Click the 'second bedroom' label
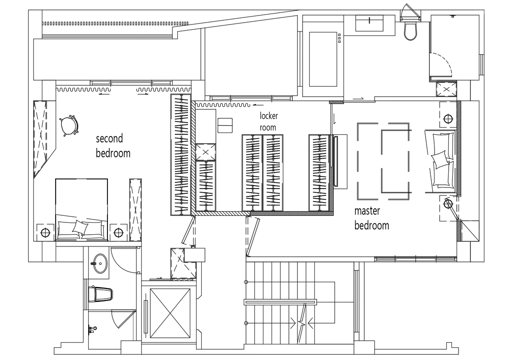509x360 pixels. [x=113, y=146]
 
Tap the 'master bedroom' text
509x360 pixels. [x=371, y=218]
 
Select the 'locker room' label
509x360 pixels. [x=269, y=122]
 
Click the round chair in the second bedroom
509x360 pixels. [x=69, y=125]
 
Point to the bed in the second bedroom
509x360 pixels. [x=82, y=209]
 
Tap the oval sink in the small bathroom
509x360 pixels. [x=99, y=263]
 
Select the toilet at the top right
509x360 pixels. [x=410, y=28]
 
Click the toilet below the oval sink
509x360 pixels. [x=100, y=295]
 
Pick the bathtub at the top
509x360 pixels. [x=323, y=59]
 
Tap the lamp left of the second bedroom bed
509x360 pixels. [x=45, y=232]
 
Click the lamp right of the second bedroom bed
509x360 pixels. [x=118, y=232]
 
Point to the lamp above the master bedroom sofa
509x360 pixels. [x=448, y=118]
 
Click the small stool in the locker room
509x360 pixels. [x=225, y=125]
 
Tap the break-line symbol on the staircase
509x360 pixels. [x=303, y=323]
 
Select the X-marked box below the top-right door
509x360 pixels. [x=446, y=89]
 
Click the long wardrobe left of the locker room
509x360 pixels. [x=181, y=155]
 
